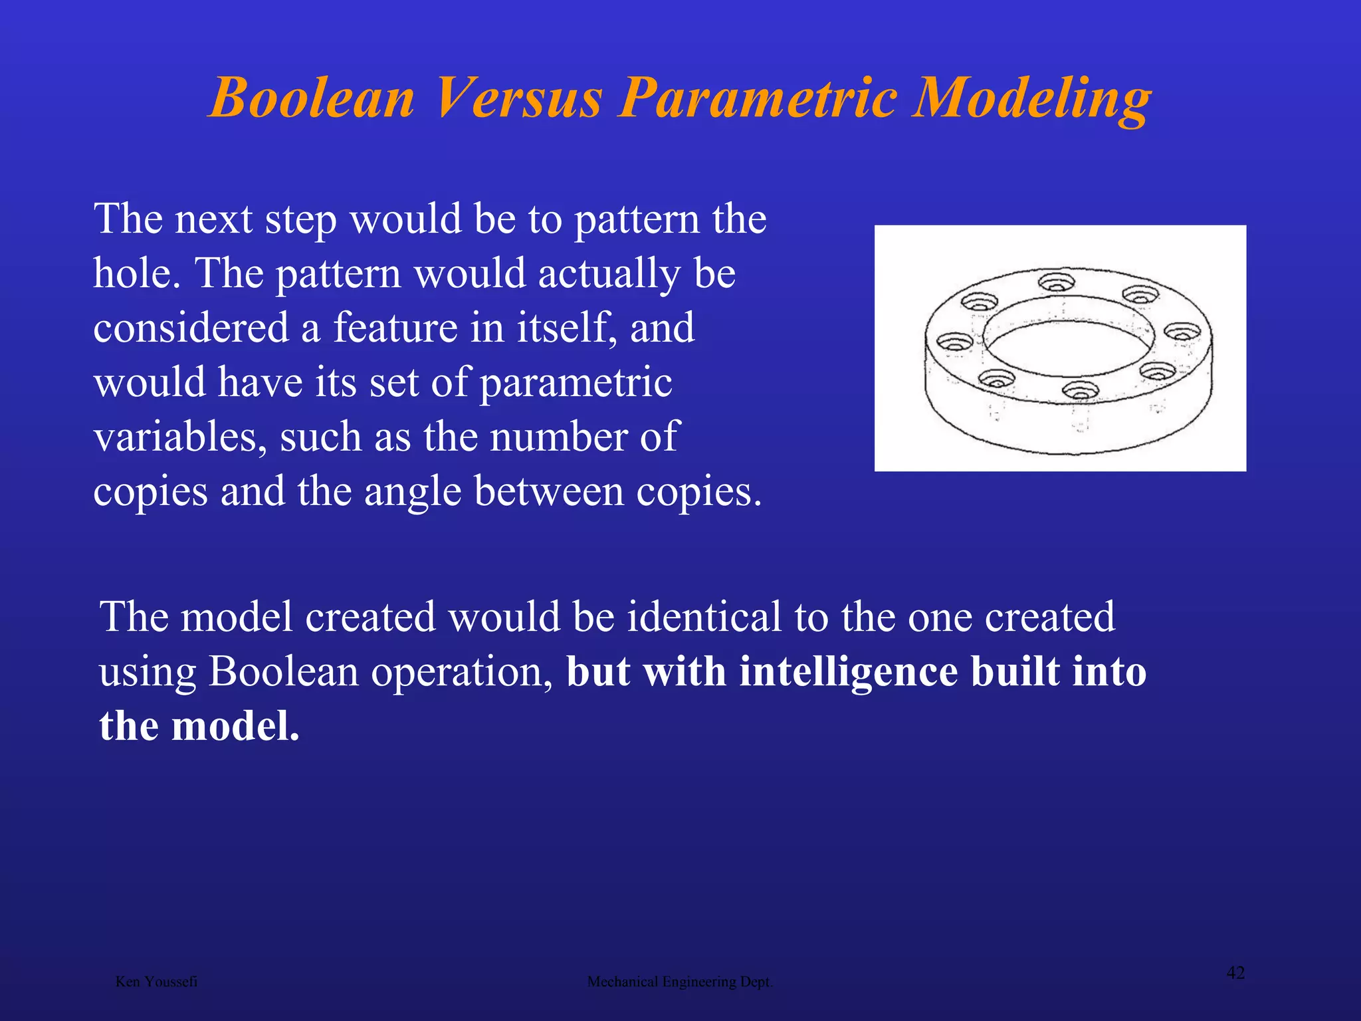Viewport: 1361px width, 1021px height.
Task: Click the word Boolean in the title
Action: (x=312, y=98)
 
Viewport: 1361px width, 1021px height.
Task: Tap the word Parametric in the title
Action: (x=757, y=98)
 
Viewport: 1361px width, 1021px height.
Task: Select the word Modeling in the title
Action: (x=1031, y=98)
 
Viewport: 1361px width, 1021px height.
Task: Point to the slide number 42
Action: (x=1235, y=973)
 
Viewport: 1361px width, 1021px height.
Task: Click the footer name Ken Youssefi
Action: (x=156, y=982)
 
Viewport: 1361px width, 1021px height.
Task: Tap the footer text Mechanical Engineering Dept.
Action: (x=680, y=982)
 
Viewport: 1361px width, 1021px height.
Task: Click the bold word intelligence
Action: (x=849, y=671)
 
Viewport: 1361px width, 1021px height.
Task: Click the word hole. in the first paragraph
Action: (x=137, y=273)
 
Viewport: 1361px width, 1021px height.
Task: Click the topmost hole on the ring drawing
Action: (x=1056, y=282)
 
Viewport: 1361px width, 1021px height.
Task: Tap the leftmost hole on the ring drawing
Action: (x=954, y=343)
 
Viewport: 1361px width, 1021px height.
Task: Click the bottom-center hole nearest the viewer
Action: (x=1081, y=390)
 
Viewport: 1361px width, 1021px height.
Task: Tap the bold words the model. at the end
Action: (x=199, y=726)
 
